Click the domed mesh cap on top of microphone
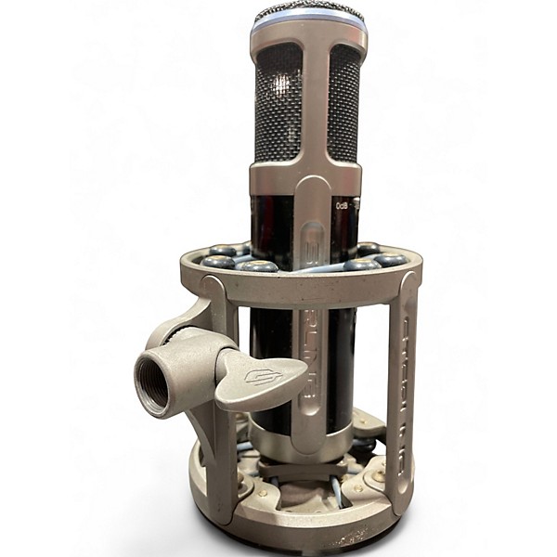click(309, 12)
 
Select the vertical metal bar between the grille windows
click(311, 102)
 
